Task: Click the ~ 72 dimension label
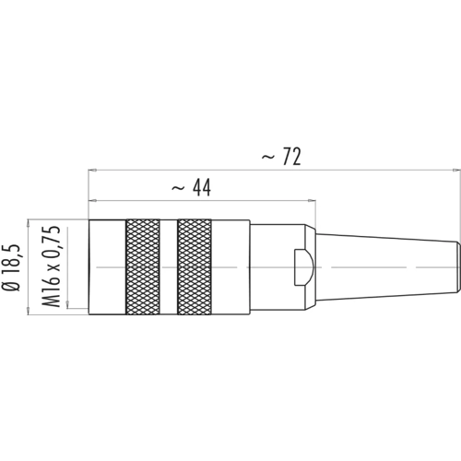281,157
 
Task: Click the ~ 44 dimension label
191,187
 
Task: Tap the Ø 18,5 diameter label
11,267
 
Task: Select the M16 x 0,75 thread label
51,266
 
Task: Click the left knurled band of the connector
143,266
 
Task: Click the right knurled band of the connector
195,266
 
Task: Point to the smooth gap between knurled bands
169,266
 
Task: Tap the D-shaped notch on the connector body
303,267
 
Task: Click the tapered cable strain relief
388,267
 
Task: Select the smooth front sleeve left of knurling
107,266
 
